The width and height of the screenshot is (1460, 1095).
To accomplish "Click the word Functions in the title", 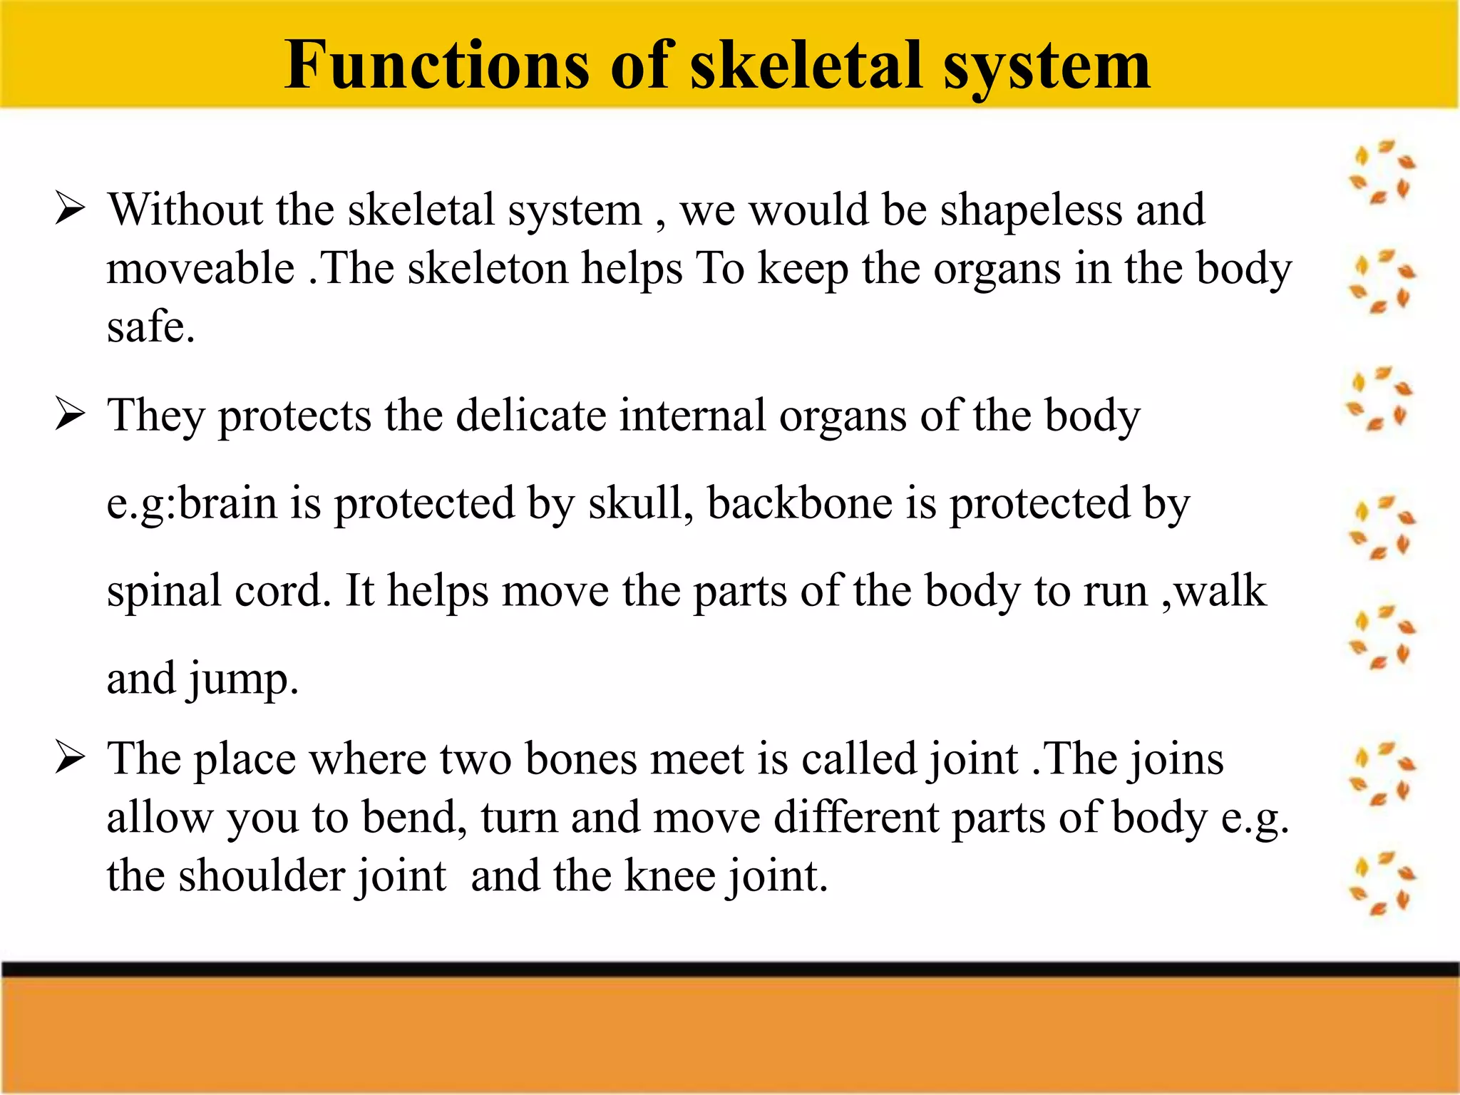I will click(436, 66).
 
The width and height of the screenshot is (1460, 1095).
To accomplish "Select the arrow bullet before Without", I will click(71, 210).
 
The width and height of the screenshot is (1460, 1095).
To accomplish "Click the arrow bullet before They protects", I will click(71, 415).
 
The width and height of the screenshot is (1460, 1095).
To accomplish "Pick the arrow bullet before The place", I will click(71, 758).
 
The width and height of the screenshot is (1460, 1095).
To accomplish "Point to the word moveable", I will click(200, 269).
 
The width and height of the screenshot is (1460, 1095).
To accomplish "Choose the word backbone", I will click(799, 503).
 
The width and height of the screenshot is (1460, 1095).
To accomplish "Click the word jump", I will click(241, 679).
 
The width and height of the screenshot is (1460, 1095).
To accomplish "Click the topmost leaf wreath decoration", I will click(1382, 172).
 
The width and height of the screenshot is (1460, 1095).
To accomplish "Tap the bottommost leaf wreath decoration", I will click(1382, 883).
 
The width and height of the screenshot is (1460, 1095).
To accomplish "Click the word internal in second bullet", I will click(692, 416).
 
